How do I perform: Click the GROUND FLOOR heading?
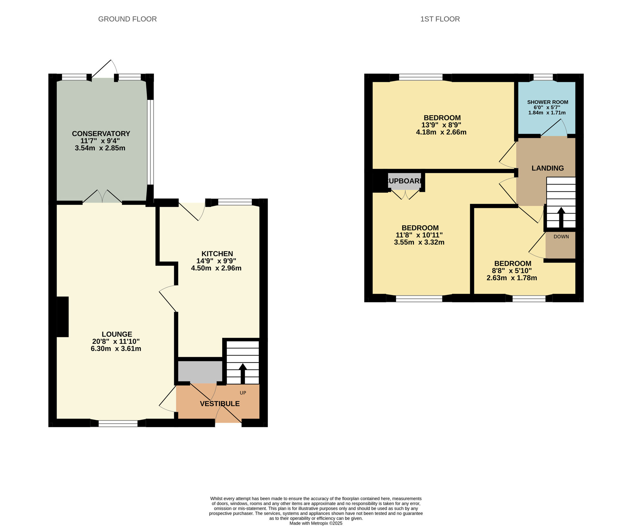[x=127, y=19]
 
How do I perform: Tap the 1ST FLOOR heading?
[x=440, y=19]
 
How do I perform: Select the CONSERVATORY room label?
[x=101, y=133]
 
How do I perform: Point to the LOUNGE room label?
[x=117, y=334]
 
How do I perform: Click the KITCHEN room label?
[x=217, y=254]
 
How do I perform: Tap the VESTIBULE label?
[x=220, y=404]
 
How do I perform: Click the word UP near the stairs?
[x=243, y=393]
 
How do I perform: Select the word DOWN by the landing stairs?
[x=561, y=237]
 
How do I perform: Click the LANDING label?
[x=548, y=168]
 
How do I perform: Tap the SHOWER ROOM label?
[x=548, y=102]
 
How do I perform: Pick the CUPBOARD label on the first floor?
[x=404, y=181]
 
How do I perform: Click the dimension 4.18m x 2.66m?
[x=441, y=132]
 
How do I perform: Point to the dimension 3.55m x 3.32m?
[x=419, y=242]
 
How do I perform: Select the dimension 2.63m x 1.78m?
[x=512, y=278]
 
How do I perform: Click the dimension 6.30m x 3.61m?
[x=116, y=349]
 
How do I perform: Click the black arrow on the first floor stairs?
[x=561, y=217]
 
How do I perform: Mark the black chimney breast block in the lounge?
[x=63, y=317]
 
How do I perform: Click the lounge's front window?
[x=118, y=423]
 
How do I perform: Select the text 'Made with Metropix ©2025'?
[x=316, y=523]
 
